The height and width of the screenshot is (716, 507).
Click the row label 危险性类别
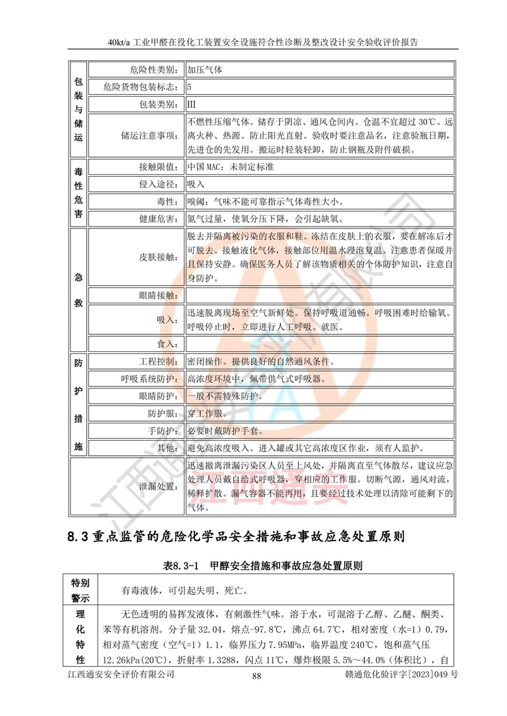point(156,69)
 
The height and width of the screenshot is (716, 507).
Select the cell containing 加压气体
point(319,69)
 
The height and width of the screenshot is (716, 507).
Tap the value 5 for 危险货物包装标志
point(319,86)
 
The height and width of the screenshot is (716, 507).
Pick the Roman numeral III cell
point(319,103)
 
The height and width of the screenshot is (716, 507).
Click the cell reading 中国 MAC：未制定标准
point(319,167)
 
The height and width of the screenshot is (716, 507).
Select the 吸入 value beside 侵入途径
point(319,184)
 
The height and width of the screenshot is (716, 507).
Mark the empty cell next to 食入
point(319,344)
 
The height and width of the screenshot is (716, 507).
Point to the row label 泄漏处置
point(156,486)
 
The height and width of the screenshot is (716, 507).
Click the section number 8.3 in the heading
point(80,537)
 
